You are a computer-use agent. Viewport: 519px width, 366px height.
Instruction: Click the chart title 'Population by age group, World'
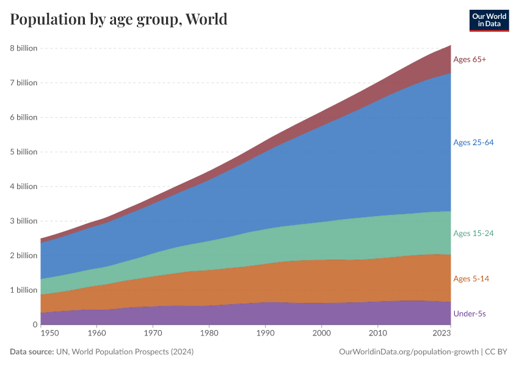tap(118, 20)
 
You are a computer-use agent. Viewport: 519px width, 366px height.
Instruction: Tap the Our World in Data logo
tap(489, 20)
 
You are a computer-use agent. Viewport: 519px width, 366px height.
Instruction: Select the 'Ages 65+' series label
tap(470, 59)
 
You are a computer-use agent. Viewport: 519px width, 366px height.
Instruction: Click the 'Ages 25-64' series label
tap(473, 142)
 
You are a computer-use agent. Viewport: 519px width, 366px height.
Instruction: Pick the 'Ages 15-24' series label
tap(473, 233)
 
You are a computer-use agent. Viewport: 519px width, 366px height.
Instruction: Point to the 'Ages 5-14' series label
tap(471, 279)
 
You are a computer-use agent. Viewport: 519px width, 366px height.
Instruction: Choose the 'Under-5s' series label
tap(470, 314)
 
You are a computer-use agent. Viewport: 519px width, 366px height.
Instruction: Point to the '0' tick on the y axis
tap(35, 325)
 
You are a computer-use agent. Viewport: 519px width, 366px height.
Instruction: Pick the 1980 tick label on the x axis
tap(209, 334)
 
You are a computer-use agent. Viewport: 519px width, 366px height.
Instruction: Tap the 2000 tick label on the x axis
tap(321, 334)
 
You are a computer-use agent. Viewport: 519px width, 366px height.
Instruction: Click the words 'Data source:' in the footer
tap(31, 352)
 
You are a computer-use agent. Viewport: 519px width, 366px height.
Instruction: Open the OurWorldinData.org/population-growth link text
tap(408, 352)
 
